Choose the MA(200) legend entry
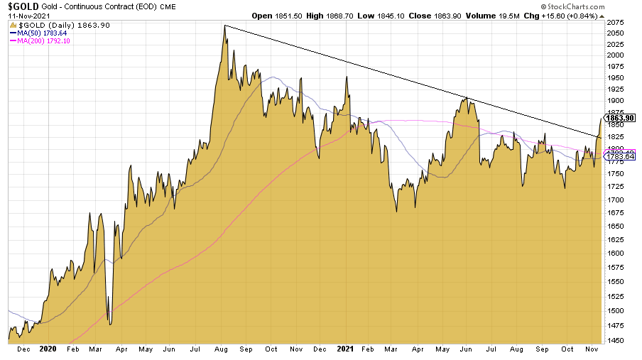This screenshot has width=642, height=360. coord(43,40)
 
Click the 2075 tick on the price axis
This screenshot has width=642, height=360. coord(616,23)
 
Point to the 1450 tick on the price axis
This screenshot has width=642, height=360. coord(616,341)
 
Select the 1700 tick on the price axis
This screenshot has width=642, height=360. coord(616,200)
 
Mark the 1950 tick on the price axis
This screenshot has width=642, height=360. coord(616,77)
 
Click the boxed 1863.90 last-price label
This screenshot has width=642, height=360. coord(620,117)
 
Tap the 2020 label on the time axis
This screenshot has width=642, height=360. coord(48,349)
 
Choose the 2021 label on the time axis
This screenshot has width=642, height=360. coord(344,349)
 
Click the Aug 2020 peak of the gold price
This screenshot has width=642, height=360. coord(224,26)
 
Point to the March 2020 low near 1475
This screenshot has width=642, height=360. coord(109,323)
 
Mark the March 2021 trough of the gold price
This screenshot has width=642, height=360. coord(396,211)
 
